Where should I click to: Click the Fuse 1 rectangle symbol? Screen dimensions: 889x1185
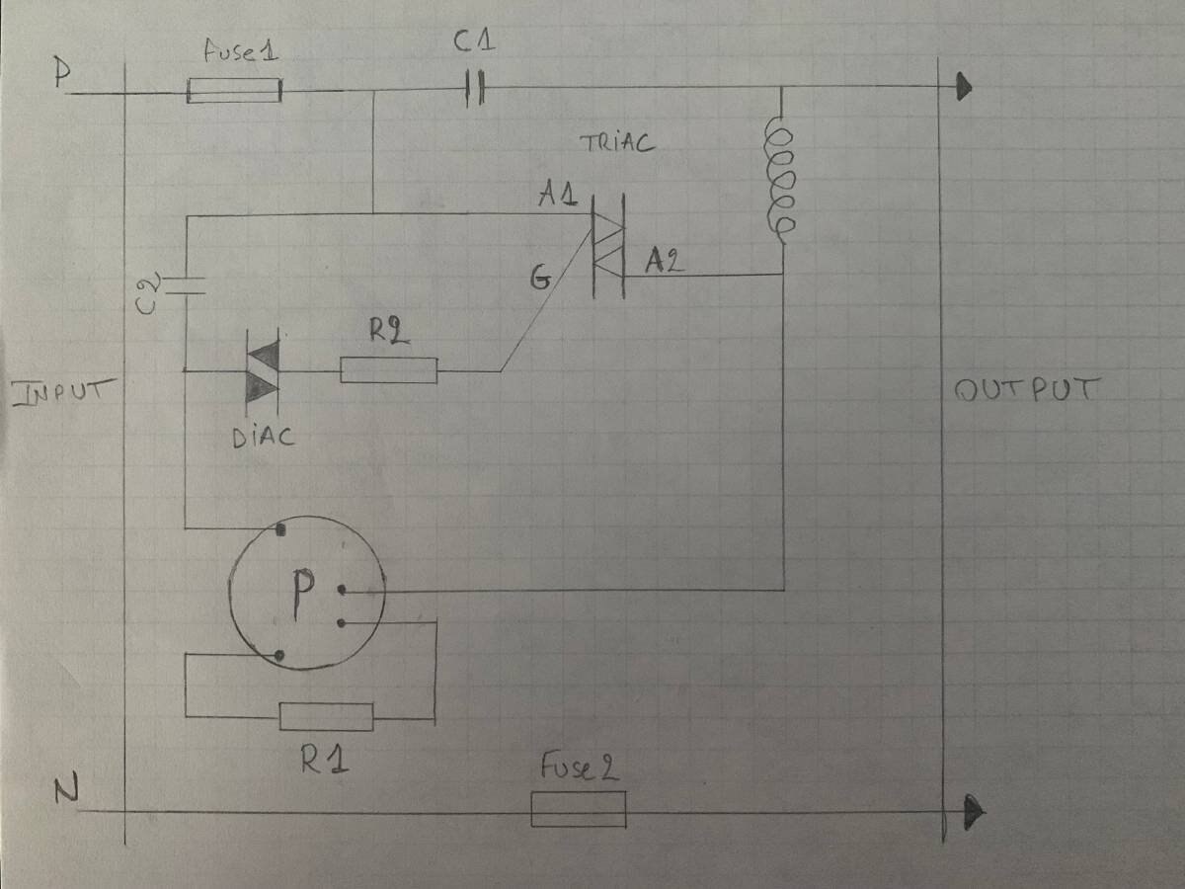point(234,92)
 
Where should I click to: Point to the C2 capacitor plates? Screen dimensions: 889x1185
point(185,286)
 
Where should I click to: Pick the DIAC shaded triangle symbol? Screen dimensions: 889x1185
point(262,370)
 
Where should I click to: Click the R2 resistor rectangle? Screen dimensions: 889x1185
point(388,370)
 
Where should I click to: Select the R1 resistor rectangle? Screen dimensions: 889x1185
point(326,716)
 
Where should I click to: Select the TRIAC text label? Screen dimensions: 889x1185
point(617,143)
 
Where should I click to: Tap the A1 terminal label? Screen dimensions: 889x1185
point(556,195)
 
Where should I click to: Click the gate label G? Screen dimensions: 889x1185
point(539,280)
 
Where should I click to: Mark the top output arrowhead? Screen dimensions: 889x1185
point(963,89)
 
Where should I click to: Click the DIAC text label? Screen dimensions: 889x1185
point(264,436)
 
